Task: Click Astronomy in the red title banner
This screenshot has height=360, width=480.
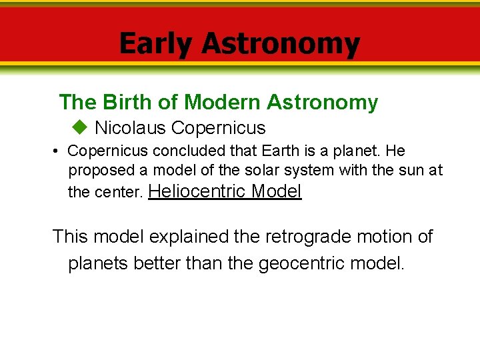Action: click(280, 44)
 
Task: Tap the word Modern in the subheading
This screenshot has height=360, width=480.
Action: click(223, 102)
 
